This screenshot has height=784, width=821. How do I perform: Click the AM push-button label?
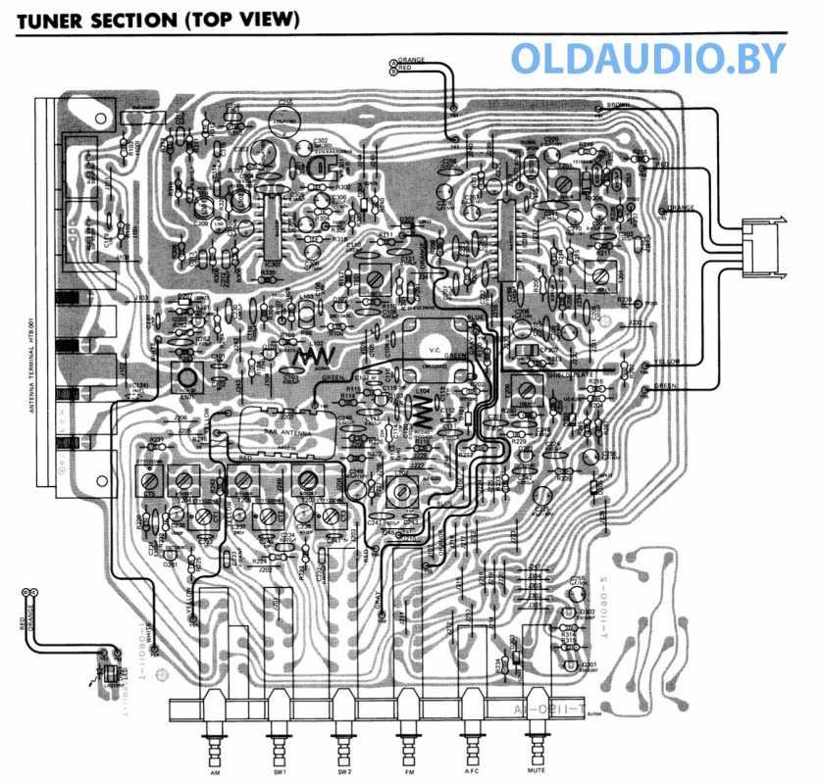pos(215,771)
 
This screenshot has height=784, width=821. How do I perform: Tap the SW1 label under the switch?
pos(280,771)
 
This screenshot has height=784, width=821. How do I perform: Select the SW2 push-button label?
pos(343,771)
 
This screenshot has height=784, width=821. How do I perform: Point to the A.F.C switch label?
pos(471,771)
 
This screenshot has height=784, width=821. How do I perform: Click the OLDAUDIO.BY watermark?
pos(647,58)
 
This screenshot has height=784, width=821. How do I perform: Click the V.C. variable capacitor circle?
pos(434,348)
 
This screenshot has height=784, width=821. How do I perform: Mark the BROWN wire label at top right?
pos(618,105)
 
